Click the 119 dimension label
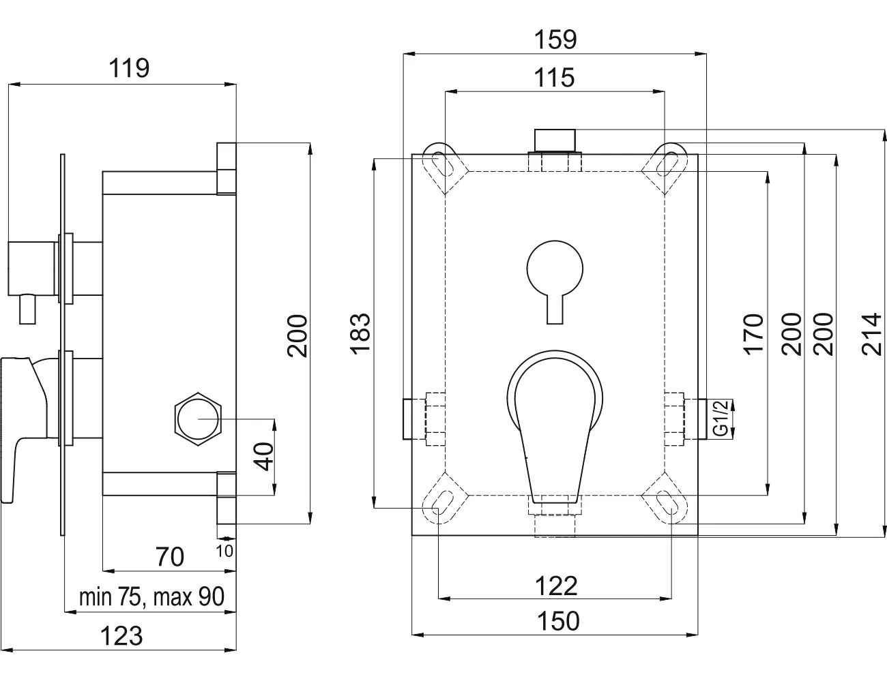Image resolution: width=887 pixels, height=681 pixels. point(129,68)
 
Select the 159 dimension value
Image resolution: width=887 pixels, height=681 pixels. point(555,40)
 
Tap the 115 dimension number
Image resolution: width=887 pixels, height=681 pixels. point(554,78)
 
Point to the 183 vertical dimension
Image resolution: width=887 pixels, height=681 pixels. point(360,333)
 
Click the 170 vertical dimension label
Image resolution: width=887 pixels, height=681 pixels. point(753,333)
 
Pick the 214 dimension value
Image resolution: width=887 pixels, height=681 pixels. point(872,334)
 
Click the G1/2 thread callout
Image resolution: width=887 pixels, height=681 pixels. point(721,419)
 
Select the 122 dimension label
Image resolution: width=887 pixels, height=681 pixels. point(556,586)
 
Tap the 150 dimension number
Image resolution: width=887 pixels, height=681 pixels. point(558,621)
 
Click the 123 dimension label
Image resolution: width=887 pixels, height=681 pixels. point(121,636)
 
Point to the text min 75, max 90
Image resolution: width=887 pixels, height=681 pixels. point(152,596)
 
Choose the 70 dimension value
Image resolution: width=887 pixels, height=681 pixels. point(170,557)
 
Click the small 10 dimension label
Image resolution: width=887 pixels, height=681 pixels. point(224,551)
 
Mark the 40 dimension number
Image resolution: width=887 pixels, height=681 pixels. point(263,456)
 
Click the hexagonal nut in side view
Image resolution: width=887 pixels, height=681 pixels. point(198,419)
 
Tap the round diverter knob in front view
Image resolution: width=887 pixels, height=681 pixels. point(555,269)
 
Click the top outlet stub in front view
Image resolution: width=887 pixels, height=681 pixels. point(555,140)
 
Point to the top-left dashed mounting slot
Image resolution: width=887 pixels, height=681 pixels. point(445,166)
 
